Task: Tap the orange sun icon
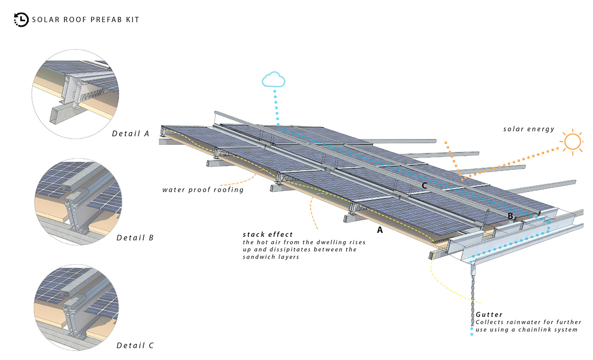(572, 142)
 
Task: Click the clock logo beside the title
(21, 20)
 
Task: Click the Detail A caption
(130, 133)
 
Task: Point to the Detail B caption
(135, 237)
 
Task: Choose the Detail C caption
(135, 345)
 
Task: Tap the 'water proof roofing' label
(204, 189)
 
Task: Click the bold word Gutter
(489, 315)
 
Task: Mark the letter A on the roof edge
(380, 229)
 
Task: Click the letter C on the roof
(424, 185)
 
